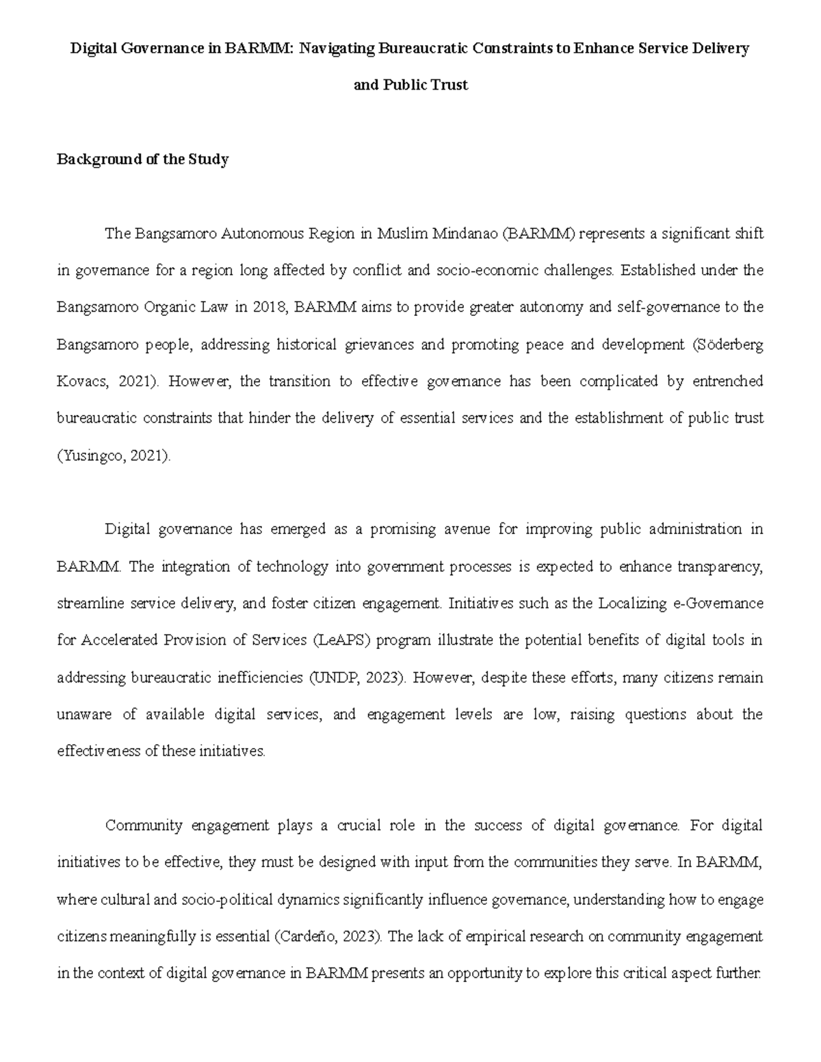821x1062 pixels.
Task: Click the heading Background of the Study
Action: tap(142, 159)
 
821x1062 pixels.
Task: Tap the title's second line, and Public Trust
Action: tap(410, 85)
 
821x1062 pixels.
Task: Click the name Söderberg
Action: tap(727, 345)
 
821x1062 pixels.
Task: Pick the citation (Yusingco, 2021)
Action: tap(114, 455)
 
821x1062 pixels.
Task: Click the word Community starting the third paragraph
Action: tap(144, 825)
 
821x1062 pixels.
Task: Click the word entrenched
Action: tap(728, 382)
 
